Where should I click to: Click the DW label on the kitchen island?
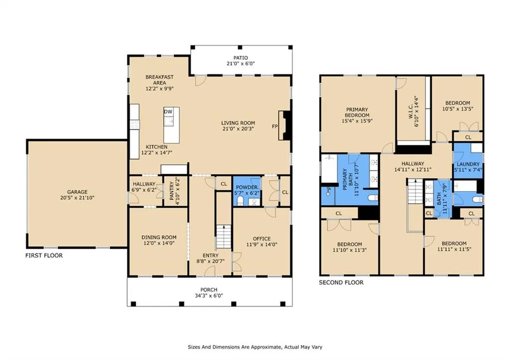[168, 112]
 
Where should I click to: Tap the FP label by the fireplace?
[275, 126]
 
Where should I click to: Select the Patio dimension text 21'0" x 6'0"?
[241, 64]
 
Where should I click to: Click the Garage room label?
[77, 192]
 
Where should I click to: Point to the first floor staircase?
[224, 237]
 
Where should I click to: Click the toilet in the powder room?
[241, 201]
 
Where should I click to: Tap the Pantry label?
[171, 191]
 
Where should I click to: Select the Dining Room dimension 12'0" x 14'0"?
[159, 243]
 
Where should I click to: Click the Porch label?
[209, 290]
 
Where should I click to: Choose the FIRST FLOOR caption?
[44, 255]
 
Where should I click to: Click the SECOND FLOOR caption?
[341, 283]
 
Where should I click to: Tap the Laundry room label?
[468, 164]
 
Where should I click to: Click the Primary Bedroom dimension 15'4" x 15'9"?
[357, 121]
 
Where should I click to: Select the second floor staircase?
[415, 192]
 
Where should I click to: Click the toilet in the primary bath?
[373, 198]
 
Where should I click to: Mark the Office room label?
[261, 239]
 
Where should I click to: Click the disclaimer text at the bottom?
[255, 347]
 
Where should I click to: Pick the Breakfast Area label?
[159, 80]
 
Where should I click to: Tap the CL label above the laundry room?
[468, 137]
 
